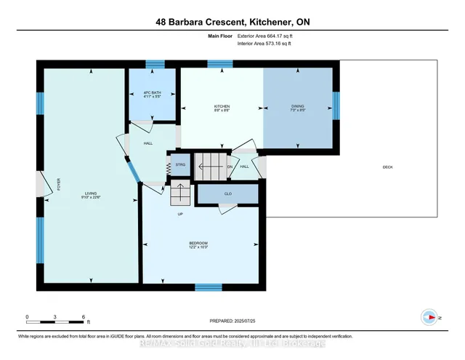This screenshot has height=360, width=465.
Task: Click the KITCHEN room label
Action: click(222, 107)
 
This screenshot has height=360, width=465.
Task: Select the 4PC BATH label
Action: click(151, 92)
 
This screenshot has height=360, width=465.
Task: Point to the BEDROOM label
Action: click(198, 243)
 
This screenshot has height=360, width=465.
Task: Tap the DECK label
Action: click(387, 167)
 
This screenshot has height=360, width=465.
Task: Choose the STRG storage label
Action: click(180, 165)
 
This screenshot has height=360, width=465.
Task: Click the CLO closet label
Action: click(227, 194)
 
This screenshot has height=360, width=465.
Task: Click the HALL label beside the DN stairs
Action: click(245, 167)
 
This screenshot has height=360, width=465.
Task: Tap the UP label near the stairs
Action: click(179, 214)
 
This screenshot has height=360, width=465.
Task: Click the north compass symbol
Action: click(429, 317)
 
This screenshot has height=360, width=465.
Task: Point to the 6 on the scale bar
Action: click(85, 317)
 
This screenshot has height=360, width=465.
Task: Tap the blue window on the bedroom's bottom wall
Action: click(209, 287)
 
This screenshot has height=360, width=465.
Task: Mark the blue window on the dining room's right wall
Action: click(336, 105)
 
